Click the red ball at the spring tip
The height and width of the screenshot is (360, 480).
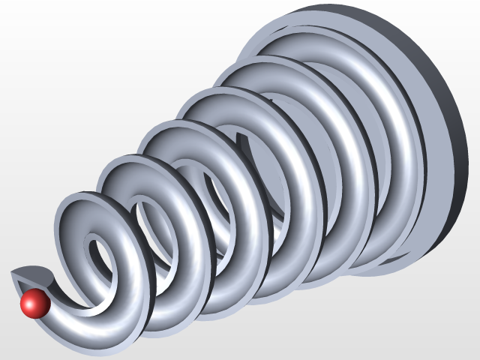point(34,303)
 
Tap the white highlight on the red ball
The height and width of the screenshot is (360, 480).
point(30,298)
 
